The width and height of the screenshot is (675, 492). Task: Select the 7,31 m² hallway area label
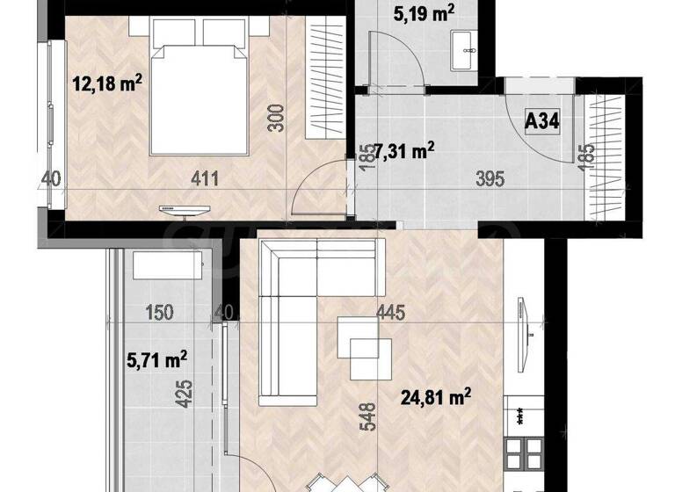405,151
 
